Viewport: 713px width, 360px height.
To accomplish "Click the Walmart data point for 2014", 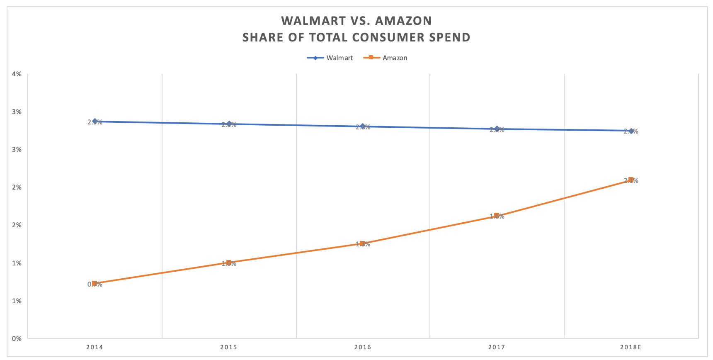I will click(95, 122).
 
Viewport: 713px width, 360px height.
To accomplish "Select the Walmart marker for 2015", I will click(229, 124).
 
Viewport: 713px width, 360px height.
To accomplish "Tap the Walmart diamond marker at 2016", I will click(363, 126).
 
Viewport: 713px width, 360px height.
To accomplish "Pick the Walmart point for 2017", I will click(497, 129).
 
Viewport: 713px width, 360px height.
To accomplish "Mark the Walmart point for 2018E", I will click(631, 131).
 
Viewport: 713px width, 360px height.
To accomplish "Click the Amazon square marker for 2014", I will click(95, 284).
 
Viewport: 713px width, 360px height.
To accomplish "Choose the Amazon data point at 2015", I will click(229, 263).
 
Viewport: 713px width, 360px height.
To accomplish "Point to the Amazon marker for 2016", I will click(363, 244).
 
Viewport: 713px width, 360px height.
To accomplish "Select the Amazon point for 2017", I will click(497, 216).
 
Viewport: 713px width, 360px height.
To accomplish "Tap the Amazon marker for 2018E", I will click(631, 180).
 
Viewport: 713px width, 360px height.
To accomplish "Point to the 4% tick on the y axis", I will click(17, 74).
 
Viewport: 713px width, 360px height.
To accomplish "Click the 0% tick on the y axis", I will click(17, 339).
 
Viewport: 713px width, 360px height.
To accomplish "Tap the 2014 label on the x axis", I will click(95, 347).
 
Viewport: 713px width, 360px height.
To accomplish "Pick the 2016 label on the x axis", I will click(363, 347).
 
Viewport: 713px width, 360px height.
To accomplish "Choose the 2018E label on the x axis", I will click(631, 347).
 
